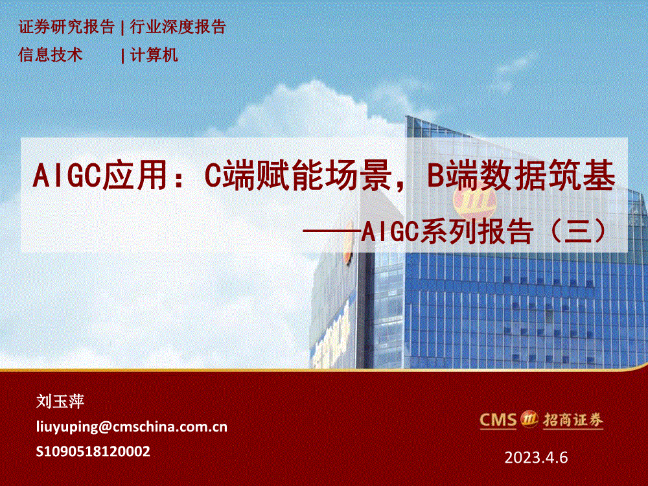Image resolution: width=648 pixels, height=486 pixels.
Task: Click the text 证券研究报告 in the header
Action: click(67, 27)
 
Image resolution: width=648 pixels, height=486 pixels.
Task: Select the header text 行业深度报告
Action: click(178, 27)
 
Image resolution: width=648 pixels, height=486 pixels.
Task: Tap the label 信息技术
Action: click(51, 55)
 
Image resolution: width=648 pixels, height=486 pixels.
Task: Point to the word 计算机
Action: click(154, 55)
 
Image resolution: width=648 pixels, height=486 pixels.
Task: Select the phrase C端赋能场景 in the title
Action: click(298, 176)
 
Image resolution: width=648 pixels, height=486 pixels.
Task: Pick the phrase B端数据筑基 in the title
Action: click(521, 176)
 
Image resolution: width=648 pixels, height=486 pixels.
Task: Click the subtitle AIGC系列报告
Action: click(446, 231)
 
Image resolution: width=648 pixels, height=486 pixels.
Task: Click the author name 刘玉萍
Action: click(60, 401)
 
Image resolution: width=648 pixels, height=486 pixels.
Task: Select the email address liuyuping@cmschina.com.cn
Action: click(132, 426)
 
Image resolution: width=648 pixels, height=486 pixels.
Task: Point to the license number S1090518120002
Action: click(93, 451)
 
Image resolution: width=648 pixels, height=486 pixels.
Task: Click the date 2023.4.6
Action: click(536, 457)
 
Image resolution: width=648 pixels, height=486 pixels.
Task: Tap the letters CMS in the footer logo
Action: click(498, 420)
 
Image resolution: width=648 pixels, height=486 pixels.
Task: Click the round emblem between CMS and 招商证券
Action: click(529, 419)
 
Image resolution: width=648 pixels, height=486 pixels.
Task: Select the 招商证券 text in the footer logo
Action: click(573, 421)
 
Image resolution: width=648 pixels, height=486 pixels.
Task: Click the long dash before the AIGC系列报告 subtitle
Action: click(332, 232)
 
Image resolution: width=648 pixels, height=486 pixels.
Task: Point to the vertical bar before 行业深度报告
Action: click(122, 28)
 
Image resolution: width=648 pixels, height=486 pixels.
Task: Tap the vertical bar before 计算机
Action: click(122, 56)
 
